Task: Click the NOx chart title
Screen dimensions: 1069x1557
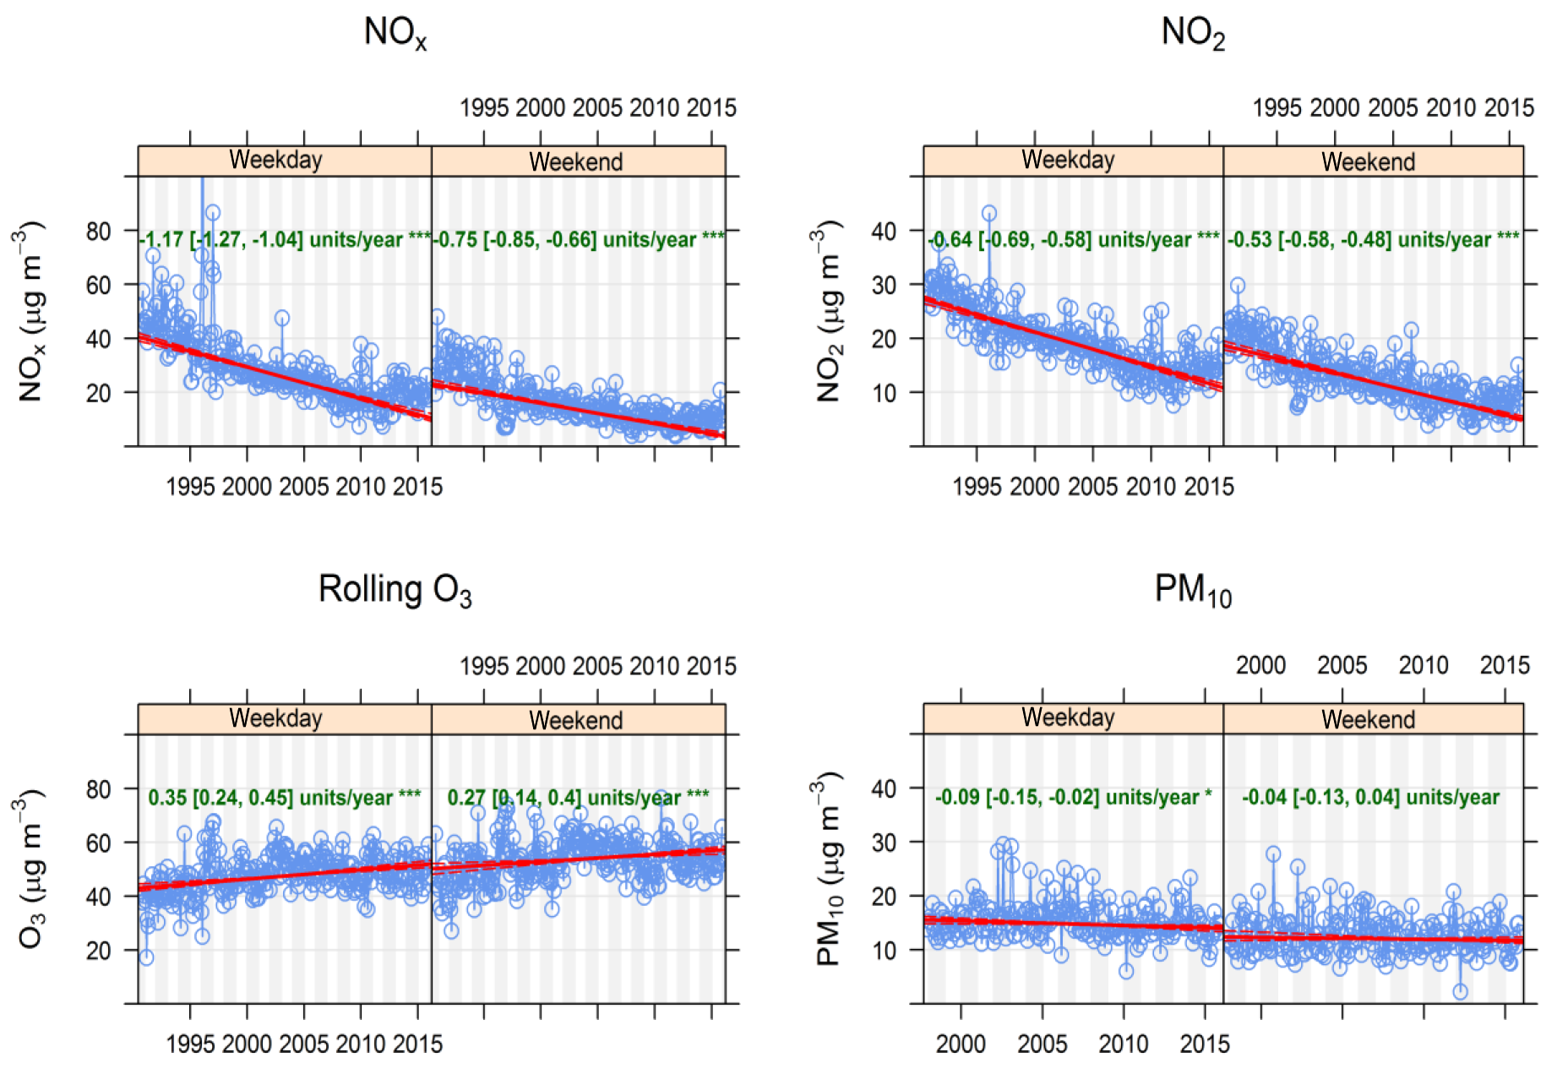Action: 395,33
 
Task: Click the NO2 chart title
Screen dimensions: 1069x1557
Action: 1192,33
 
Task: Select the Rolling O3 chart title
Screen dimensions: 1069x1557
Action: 395,590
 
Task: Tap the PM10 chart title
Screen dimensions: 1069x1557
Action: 1192,590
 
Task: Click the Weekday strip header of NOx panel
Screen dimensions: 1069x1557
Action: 276,161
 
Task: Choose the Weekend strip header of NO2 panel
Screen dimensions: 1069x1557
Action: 1368,161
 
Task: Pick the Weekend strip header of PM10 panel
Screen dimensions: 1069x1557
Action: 1368,719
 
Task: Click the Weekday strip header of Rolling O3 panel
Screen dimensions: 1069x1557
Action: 276,718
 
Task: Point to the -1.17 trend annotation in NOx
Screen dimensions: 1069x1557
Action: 285,240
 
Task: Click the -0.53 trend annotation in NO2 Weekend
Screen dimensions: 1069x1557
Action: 1373,240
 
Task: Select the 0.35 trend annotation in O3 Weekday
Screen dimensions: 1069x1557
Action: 285,798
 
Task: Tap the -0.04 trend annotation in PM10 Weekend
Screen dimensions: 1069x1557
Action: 1370,798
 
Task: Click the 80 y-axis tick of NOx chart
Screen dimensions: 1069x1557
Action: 99,232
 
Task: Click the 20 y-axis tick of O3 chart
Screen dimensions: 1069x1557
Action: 99,951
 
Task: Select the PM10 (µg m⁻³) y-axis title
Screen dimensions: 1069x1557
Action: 829,869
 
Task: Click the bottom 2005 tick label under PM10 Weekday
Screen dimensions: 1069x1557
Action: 1042,1044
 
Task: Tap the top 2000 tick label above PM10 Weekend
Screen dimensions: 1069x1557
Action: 1260,666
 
